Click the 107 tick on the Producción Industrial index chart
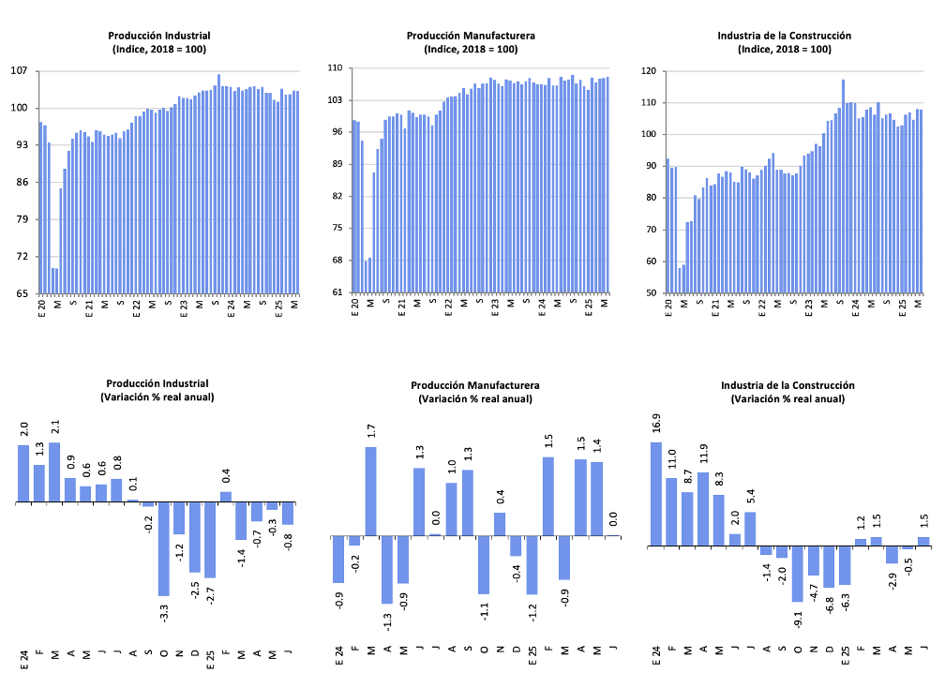[20, 71]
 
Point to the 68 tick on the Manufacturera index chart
[334, 261]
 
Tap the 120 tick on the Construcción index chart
[648, 71]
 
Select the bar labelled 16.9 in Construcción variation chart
[656, 494]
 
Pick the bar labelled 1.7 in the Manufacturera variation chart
[371, 491]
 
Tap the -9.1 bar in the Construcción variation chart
[797, 573]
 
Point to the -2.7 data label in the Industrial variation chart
[210, 594]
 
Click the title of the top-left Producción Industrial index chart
[157, 36]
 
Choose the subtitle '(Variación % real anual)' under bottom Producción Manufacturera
[474, 398]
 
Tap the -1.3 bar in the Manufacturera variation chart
[387, 569]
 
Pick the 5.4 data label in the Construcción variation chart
[750, 497]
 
